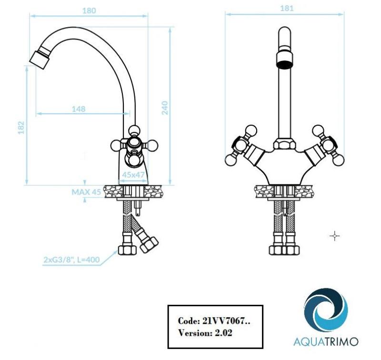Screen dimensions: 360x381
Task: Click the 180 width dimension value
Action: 88,10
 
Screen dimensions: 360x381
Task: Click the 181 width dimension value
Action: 287,8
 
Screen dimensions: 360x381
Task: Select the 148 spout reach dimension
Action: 79,109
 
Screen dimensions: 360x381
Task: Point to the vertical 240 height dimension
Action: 165,108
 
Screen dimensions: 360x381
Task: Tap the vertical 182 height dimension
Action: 20,127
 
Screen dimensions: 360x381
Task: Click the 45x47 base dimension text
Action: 133,175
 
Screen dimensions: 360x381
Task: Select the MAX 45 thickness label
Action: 86,192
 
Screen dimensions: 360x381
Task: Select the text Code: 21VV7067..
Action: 213,321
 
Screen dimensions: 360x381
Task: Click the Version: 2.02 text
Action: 205,333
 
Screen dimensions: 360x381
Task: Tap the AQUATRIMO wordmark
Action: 326,341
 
